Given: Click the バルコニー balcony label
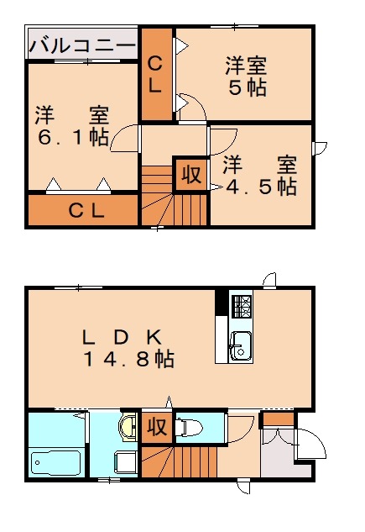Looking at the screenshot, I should point(81,45).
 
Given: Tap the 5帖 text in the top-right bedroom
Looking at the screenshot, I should point(246,87).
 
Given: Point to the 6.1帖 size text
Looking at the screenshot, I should point(71,137).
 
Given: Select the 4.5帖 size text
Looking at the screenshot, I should point(262,187).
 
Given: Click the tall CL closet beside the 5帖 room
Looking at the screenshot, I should point(156,74).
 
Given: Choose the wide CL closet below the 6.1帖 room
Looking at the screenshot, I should point(82,211).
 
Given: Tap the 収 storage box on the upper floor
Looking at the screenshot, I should point(190,175).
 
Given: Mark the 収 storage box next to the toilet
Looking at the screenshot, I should point(156,426).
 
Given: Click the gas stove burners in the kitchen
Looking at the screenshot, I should point(241,307).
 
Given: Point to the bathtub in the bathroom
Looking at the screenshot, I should point(55,462).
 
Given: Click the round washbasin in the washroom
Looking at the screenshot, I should point(128,427).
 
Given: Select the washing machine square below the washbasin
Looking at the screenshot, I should point(127,461).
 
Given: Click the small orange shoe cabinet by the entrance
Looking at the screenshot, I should point(277,418).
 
